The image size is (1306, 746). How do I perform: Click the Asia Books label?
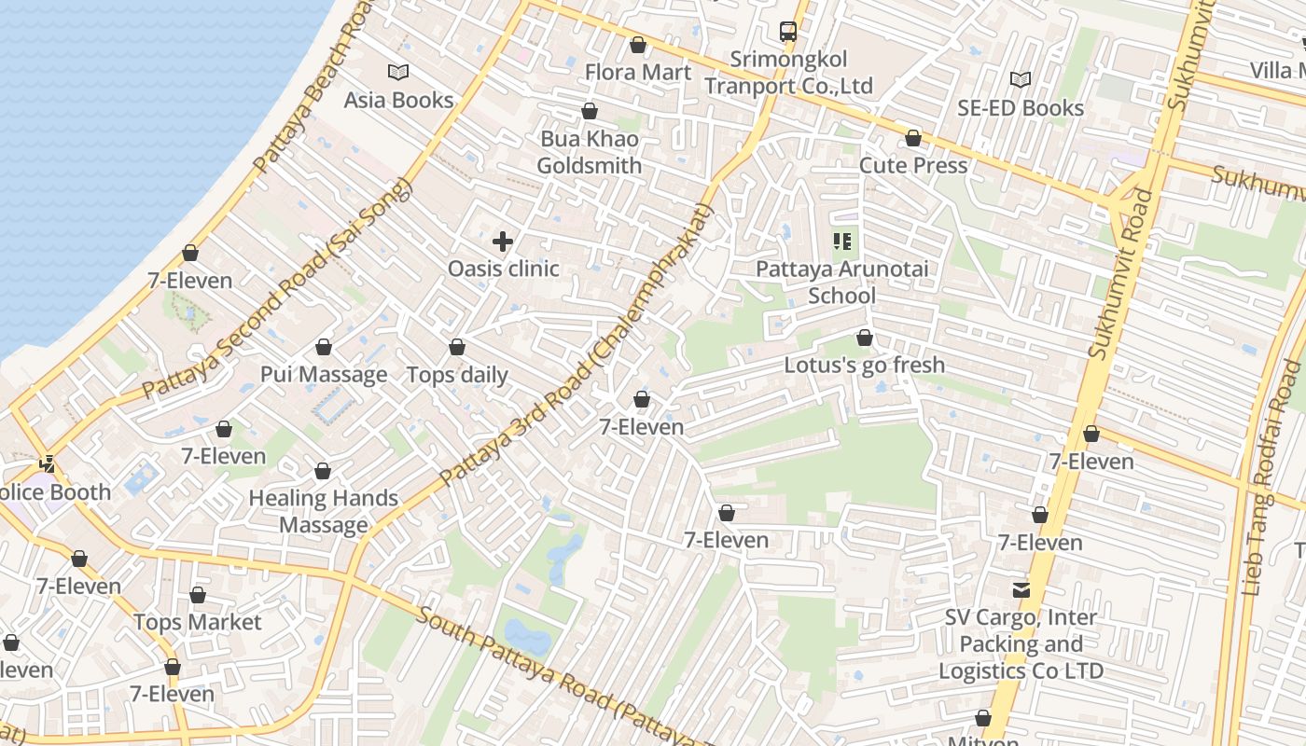tap(398, 100)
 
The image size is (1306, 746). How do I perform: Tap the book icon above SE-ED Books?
tap(1021, 80)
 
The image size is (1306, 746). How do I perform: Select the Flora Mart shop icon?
tap(638, 45)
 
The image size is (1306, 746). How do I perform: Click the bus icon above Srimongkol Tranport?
tap(788, 32)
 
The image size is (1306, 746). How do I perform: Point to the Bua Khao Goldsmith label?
tap(589, 152)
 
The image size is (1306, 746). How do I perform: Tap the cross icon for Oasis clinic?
tap(503, 242)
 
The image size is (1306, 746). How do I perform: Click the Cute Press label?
tap(912, 165)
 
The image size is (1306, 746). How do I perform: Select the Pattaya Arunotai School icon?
tap(842, 242)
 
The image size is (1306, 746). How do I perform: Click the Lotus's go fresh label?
tap(864, 365)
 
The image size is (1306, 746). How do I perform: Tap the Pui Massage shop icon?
tap(324, 348)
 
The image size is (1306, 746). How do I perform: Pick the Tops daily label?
tap(457, 375)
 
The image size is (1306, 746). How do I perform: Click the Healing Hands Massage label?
tap(323, 511)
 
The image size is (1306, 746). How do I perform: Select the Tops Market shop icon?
tap(198, 595)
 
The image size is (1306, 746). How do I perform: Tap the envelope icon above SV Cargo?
tap(1021, 590)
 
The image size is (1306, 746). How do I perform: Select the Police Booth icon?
tap(47, 463)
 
